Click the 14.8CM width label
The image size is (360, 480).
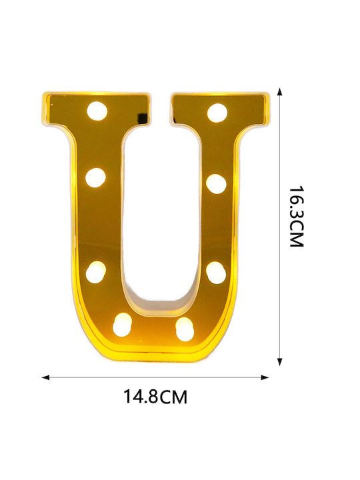[155, 397]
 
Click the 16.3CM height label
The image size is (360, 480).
[296, 216]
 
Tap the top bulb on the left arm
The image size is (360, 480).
[97, 111]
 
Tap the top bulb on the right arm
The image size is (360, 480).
[217, 113]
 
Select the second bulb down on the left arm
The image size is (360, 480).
[95, 177]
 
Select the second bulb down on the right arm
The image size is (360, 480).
[216, 184]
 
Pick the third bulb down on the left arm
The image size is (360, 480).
[95, 272]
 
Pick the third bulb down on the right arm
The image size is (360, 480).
[216, 273]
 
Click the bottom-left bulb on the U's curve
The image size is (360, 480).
[122, 325]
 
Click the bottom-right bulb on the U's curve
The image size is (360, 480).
[185, 329]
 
